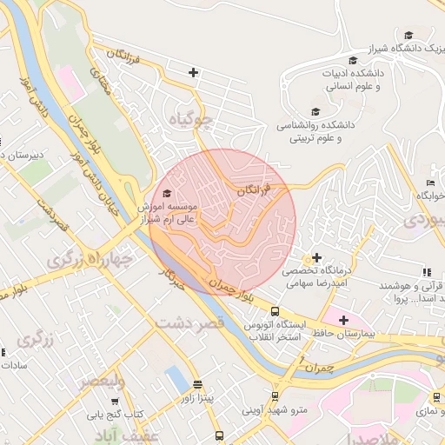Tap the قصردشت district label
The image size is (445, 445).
(x=191, y=322)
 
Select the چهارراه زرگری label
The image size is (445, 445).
(x=90, y=258)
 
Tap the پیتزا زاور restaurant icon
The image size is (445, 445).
(x=196, y=383)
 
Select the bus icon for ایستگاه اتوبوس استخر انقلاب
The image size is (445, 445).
(x=275, y=311)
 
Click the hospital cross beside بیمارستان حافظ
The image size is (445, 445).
(x=344, y=320)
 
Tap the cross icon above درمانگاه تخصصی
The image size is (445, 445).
(x=317, y=257)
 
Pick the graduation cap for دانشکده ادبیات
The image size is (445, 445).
(x=352, y=60)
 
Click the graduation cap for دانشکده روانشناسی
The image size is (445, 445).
(x=315, y=111)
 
